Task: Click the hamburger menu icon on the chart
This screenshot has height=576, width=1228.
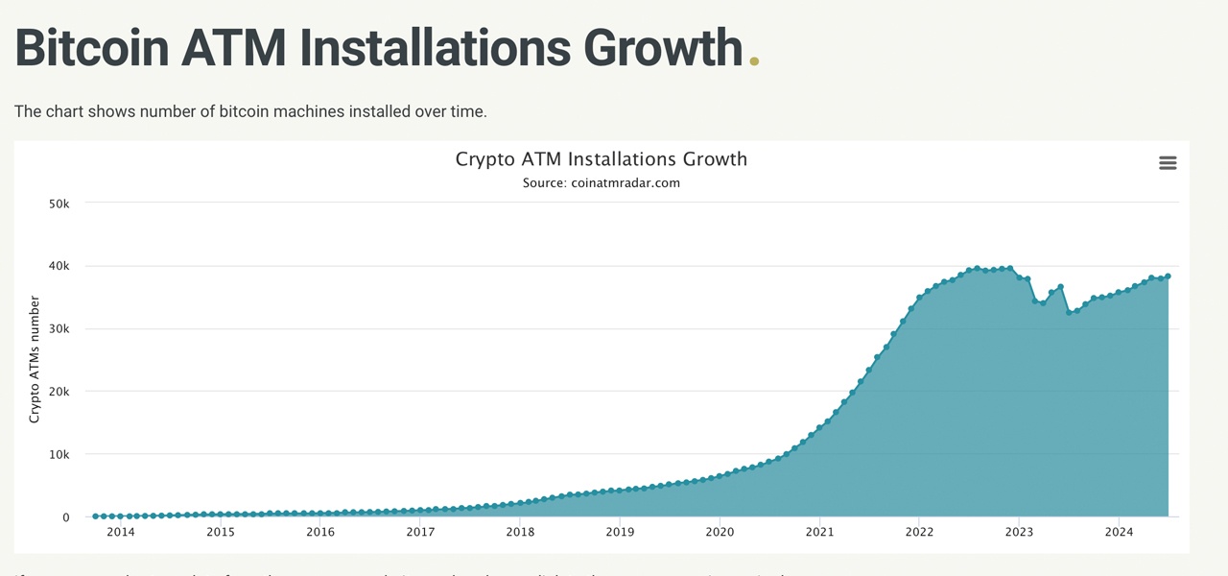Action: pyautogui.click(x=1168, y=163)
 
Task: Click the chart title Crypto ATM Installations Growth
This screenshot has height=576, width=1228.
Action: pyautogui.click(x=601, y=159)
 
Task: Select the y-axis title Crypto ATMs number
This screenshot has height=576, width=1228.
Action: pyautogui.click(x=35, y=360)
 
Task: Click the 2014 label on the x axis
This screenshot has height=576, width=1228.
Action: pyautogui.click(x=121, y=532)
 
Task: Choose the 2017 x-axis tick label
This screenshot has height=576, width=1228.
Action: pyautogui.click(x=420, y=532)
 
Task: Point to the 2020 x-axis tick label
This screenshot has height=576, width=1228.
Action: pyautogui.click(x=720, y=532)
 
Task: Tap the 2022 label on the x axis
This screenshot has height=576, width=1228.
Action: pyautogui.click(x=919, y=532)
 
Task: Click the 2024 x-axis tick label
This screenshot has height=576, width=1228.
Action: pyautogui.click(x=1119, y=532)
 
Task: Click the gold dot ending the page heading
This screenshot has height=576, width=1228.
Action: pyautogui.click(x=754, y=61)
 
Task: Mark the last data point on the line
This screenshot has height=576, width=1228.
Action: pyautogui.click(x=1168, y=276)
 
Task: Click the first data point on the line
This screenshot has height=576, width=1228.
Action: pyautogui.click(x=95, y=516)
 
